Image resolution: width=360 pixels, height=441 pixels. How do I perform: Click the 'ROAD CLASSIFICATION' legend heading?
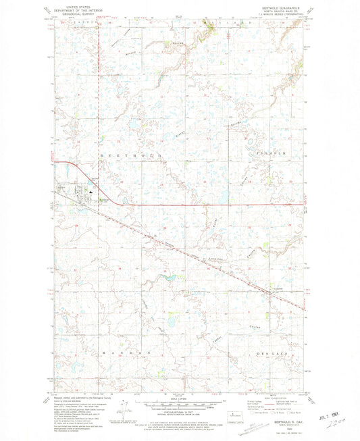pyautogui.click(x=284, y=396)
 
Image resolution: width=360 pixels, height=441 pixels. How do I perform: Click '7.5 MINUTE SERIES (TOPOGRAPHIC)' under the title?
pyautogui.click(x=284, y=13)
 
